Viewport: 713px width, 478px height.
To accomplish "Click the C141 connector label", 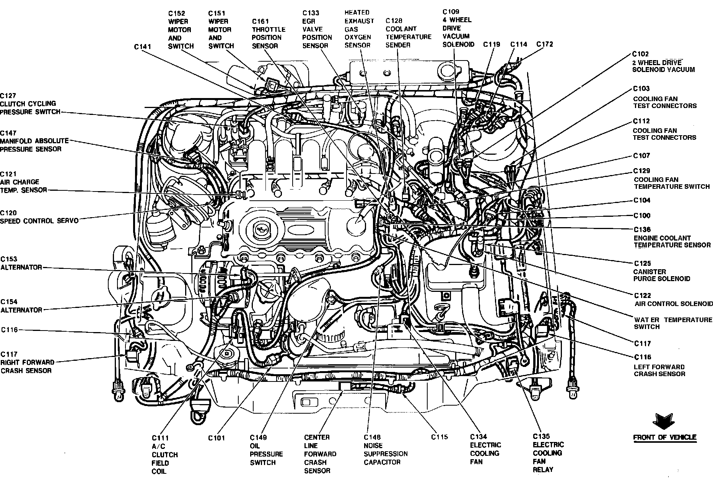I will (x=142, y=47).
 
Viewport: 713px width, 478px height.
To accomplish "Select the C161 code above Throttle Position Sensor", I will (x=260, y=21).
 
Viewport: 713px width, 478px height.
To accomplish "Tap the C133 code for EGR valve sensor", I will (x=310, y=13).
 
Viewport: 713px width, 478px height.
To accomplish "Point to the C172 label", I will (x=544, y=44).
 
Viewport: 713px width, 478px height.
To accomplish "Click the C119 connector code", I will (x=492, y=44).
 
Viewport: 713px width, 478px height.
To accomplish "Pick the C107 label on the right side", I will (x=641, y=156).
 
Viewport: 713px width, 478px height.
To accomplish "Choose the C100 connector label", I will (x=641, y=216).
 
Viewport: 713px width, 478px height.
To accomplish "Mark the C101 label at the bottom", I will (x=217, y=438).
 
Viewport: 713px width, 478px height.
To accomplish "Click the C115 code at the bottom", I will (x=440, y=437).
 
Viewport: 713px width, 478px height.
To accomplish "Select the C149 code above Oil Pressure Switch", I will (x=259, y=437).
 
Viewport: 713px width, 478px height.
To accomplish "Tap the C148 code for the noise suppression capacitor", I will (x=372, y=437).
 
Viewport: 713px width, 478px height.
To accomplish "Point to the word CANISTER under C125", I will (x=650, y=272).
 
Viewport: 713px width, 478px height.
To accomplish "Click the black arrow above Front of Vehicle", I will (x=664, y=421).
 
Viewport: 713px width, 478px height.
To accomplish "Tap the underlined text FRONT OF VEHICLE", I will (x=664, y=437).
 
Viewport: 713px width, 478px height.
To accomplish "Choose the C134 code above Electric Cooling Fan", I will (x=479, y=437).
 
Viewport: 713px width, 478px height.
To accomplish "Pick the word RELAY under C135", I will (x=543, y=470).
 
